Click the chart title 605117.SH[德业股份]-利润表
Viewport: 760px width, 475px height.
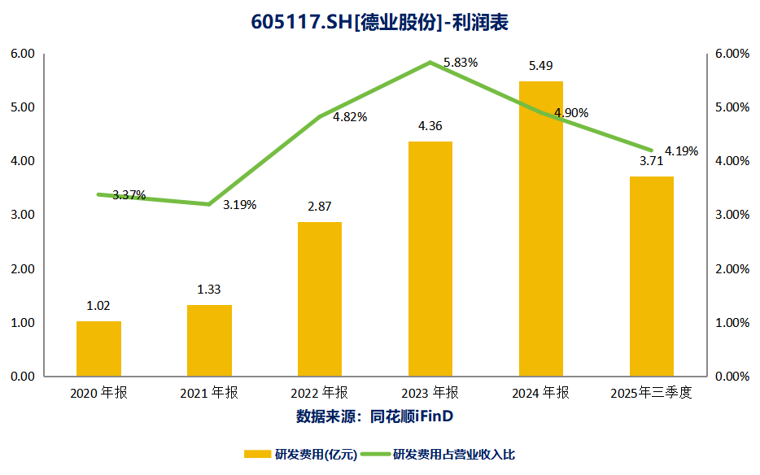pyautogui.click(x=379, y=22)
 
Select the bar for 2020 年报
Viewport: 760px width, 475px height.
pyautogui.click(x=98, y=349)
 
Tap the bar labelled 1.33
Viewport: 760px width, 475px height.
pyautogui.click(x=209, y=341)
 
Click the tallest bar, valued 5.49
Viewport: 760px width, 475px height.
pyautogui.click(x=541, y=229)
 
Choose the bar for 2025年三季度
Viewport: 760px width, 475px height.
pyautogui.click(x=651, y=277)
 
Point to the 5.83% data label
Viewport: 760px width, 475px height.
pyautogui.click(x=461, y=63)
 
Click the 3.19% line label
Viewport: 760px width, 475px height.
pyautogui.click(x=239, y=205)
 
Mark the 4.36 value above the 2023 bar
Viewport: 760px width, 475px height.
pyautogui.click(x=430, y=126)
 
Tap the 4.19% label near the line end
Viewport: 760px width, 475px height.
pyautogui.click(x=681, y=151)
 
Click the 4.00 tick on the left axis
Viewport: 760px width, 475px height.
pyautogui.click(x=22, y=161)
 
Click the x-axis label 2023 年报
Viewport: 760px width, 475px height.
pyautogui.click(x=430, y=394)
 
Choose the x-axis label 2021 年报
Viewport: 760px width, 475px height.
pyautogui.click(x=209, y=394)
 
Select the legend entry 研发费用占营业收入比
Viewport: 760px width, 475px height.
pyautogui.click(x=453, y=454)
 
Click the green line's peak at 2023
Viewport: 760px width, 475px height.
pyautogui.click(x=430, y=63)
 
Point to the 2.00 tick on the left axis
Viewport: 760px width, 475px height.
pyautogui.click(x=22, y=269)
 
